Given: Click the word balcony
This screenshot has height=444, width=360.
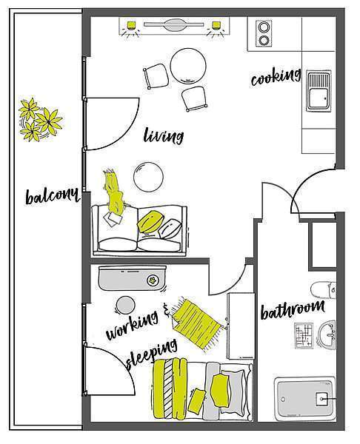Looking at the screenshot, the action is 52,195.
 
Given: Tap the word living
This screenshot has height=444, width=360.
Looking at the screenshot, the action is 163,135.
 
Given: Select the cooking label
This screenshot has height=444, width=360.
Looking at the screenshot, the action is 276,76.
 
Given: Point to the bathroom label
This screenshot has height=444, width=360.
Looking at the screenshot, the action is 293,310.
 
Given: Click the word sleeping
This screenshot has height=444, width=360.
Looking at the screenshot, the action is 152,354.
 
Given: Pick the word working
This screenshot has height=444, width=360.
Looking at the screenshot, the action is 132,325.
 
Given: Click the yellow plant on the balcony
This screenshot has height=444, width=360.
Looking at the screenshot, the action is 40,119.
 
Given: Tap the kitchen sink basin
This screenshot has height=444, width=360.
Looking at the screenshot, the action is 319,90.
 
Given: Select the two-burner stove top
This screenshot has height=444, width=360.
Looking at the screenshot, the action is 264,33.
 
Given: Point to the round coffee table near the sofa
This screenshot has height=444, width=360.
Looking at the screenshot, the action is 148,177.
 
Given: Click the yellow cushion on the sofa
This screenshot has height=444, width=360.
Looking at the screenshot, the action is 149,221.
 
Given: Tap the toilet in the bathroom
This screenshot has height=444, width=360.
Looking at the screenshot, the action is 324,290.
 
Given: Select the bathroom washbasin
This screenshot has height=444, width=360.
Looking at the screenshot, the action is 327,334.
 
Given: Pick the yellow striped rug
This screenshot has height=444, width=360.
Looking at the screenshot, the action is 196,324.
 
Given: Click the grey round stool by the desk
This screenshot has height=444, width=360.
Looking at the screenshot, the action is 125,305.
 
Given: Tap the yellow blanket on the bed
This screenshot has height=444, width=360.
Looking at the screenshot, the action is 170,388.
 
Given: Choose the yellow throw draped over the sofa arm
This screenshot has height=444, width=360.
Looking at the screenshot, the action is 114,192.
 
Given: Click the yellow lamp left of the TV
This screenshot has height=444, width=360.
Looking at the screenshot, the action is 131,25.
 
